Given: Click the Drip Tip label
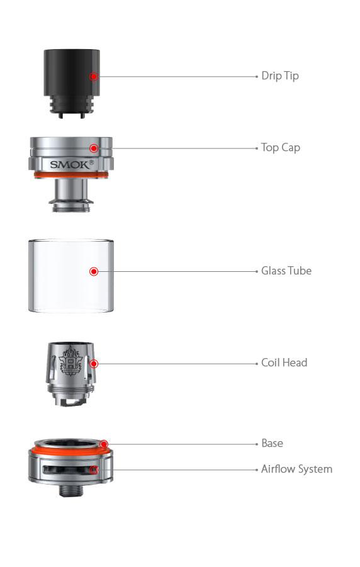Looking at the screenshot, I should point(279,76).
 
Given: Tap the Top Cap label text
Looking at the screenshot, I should point(280,148).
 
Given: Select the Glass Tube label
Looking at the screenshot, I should point(286,271).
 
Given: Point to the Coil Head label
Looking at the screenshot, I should point(284,363).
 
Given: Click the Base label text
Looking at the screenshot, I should point(272,444).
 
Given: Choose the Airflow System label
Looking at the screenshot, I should point(296,469).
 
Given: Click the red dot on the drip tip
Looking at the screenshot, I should point(93,76).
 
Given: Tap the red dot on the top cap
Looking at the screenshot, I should point(93,148).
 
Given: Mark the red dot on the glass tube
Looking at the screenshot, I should point(93,271).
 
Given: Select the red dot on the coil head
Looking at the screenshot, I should point(93,363).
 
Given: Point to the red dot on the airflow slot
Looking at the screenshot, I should point(94,469).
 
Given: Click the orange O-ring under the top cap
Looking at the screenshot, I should point(70,175).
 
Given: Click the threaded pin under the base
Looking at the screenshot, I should point(70,490).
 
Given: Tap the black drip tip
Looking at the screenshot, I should point(70,79).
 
